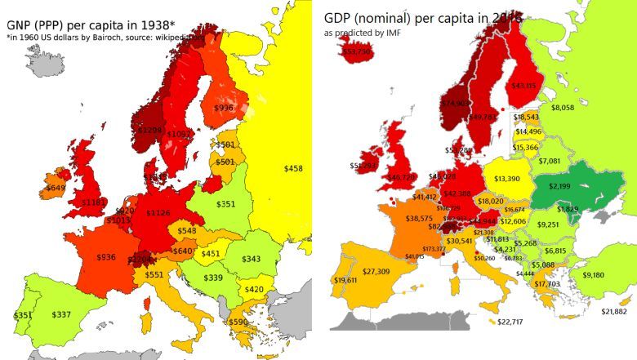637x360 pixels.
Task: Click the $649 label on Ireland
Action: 56,187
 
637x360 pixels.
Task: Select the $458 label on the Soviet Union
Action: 293,168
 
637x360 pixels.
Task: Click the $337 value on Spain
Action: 61,314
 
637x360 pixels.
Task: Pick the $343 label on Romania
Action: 251,259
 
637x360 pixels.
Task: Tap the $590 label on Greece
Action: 238,322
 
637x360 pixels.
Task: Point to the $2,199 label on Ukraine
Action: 559,187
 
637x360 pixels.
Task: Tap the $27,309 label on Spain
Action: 376,271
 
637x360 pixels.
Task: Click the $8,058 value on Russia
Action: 563,108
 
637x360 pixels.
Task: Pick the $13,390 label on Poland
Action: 507,179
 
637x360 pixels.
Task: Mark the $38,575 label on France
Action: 419,219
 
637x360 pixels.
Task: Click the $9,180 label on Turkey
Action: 593,275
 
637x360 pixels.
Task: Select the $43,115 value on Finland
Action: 524,86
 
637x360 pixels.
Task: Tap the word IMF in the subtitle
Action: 388,33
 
